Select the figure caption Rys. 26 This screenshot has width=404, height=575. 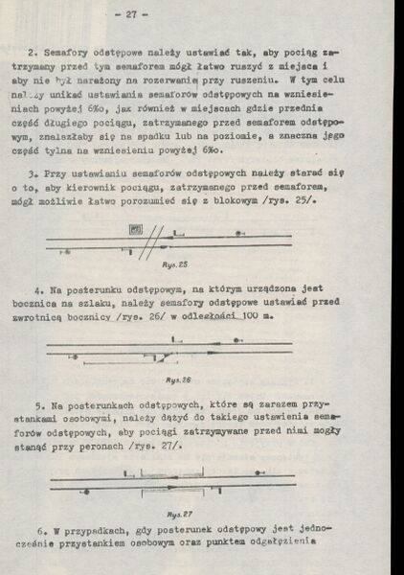pyautogui.click(x=180, y=379)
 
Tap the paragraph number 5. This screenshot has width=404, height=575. pyautogui.click(x=38, y=406)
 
